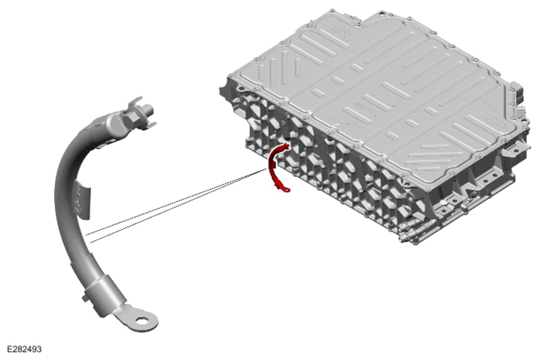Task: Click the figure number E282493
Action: coord(24,349)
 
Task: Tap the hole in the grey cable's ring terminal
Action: coord(142,322)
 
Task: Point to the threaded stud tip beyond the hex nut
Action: coord(149,111)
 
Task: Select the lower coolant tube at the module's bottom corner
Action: coord(409,238)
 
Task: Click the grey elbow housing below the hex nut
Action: coord(110,127)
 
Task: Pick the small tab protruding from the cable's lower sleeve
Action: coord(85,298)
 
